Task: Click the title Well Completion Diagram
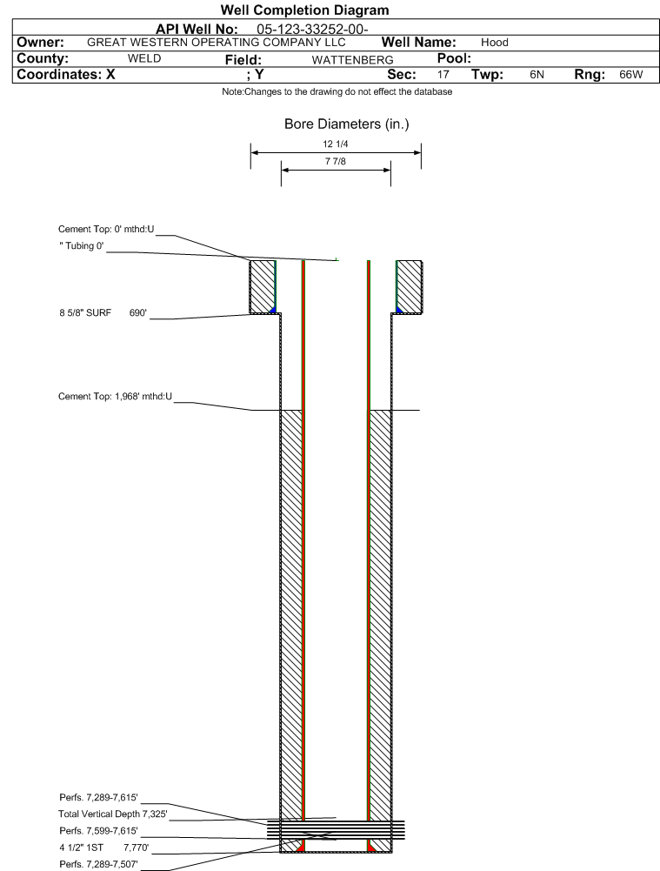304,10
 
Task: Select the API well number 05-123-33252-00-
312,30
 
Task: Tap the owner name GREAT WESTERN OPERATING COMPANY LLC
217,43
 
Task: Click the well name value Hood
495,43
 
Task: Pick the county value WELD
144,58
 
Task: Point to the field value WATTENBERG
352,60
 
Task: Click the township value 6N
537,75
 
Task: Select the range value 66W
631,75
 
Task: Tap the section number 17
443,75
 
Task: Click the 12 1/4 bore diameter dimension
336,144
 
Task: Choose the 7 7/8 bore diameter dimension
336,161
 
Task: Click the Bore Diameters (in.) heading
346,124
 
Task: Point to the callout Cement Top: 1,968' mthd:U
115,396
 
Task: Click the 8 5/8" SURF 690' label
103,312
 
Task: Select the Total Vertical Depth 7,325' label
113,814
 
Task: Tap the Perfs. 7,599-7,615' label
98,831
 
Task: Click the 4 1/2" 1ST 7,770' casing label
103,848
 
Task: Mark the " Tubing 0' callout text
82,246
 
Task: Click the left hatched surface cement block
262,286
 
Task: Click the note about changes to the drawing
337,91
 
